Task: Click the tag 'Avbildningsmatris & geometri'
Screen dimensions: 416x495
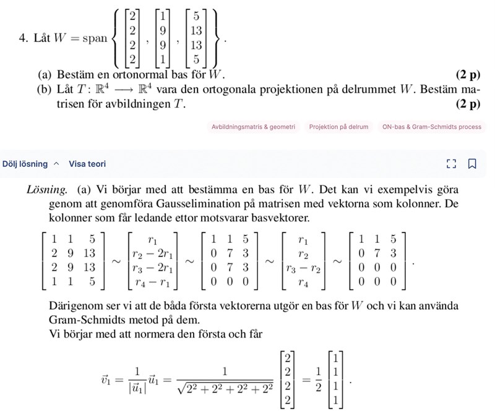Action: pyautogui.click(x=254, y=127)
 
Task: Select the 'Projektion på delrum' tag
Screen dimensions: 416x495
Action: pyautogui.click(x=338, y=127)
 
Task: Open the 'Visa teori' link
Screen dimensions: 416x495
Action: pyautogui.click(x=87, y=164)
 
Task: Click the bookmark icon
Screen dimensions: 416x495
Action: pyautogui.click(x=472, y=164)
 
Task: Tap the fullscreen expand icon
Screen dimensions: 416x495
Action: pyautogui.click(x=450, y=164)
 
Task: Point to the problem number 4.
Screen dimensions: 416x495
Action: pyautogui.click(x=22, y=38)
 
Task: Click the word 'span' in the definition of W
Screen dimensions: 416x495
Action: pyautogui.click(x=95, y=38)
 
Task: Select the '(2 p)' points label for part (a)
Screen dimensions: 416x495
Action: pyautogui.click(x=467, y=76)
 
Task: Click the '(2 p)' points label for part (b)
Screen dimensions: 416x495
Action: pyautogui.click(x=467, y=104)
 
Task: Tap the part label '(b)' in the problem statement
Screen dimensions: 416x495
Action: pyautogui.click(x=45, y=90)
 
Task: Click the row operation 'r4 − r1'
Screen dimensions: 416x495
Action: pyautogui.click(x=152, y=284)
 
